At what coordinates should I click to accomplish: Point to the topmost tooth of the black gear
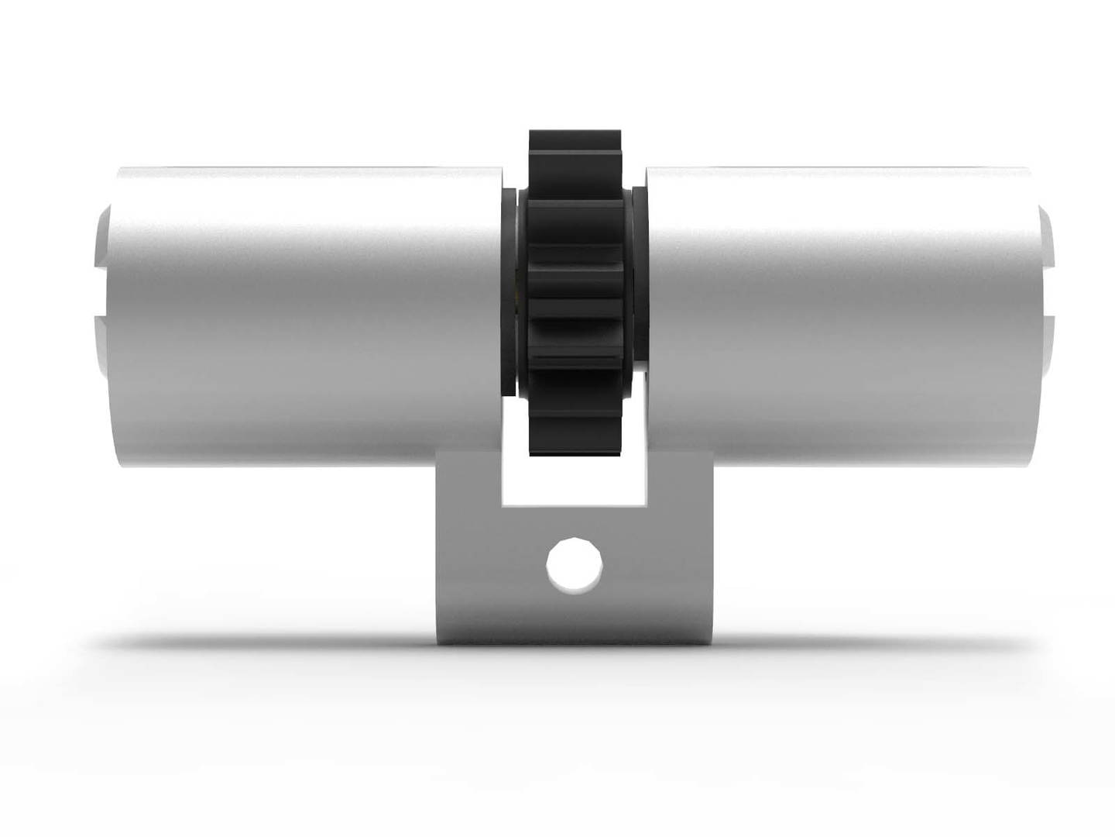(x=575, y=141)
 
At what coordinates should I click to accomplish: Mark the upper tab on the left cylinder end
(x=104, y=236)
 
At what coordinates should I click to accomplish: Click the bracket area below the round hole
(x=574, y=616)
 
